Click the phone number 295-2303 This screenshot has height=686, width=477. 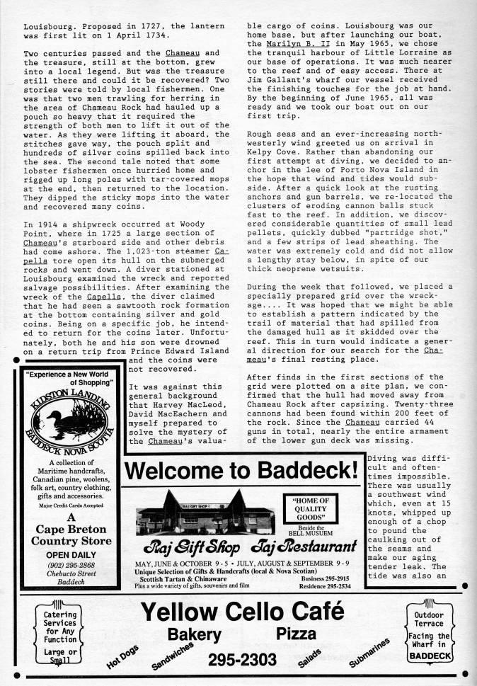(242, 659)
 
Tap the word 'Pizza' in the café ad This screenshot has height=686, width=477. (297, 634)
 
